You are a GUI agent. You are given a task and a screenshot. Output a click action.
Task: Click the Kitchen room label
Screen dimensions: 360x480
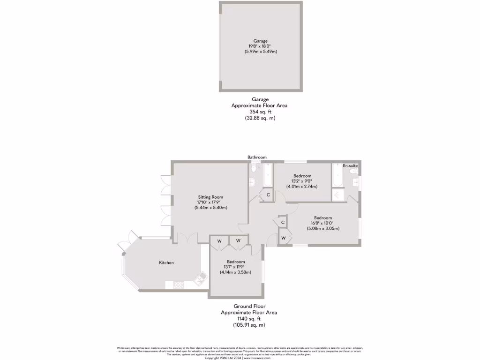click(166, 262)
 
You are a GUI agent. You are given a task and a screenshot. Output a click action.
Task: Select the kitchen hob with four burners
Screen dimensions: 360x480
click(179, 284)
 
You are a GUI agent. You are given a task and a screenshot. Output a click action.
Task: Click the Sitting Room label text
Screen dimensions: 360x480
click(210, 197)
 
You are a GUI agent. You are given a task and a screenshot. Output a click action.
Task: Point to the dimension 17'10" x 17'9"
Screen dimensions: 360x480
click(210, 202)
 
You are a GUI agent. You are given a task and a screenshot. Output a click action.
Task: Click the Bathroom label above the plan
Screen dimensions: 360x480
click(257, 157)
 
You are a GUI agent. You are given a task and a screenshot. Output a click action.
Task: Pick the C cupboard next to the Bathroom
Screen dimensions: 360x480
click(268, 195)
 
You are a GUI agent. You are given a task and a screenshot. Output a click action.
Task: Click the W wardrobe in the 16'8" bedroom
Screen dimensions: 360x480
click(284, 238)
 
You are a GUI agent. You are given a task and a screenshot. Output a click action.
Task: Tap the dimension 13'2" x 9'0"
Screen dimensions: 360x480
click(302, 181)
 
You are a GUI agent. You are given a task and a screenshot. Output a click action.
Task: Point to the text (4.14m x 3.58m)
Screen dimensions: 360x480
click(236, 272)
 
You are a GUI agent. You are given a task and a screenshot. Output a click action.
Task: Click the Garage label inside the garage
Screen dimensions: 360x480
click(259, 41)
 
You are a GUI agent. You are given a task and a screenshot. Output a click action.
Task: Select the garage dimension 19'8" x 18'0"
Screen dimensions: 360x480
click(259, 46)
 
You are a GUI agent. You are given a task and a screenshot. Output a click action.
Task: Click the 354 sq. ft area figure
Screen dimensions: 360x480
click(259, 112)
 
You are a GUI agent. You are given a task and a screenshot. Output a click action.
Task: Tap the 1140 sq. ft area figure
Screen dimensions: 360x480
click(249, 319)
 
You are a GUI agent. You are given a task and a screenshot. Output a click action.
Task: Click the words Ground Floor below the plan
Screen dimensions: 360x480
click(249, 306)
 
